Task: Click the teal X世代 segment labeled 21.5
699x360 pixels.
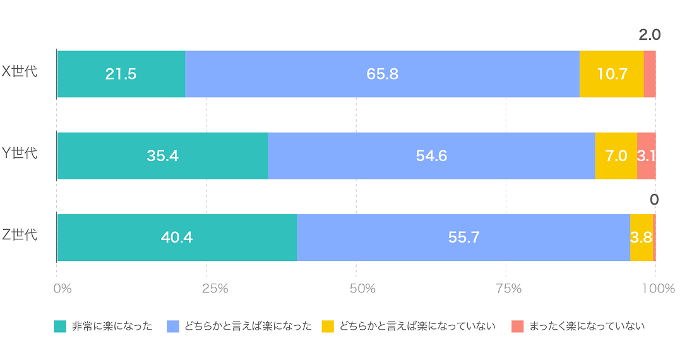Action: point(121,74)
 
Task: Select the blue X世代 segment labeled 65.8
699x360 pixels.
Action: point(382,74)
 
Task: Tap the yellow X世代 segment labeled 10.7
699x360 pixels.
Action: point(611,74)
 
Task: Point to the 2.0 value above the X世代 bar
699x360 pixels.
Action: point(649,35)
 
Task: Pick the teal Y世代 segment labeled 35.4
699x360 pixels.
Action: point(162,156)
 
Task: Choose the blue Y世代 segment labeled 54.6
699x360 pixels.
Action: point(431,156)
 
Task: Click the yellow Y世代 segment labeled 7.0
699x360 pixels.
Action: point(616,156)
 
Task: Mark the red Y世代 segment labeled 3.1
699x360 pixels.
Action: point(646,156)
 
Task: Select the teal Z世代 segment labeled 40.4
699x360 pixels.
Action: point(177,237)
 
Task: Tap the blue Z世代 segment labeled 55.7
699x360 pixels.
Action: point(463,237)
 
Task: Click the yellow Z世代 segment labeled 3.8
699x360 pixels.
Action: point(641,237)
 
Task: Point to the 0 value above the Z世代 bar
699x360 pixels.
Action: point(654,200)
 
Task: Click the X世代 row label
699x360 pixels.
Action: point(20,71)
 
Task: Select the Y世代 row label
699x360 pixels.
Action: point(20,153)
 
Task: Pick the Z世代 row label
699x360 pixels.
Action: point(20,235)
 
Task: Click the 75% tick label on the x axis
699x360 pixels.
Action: point(508,289)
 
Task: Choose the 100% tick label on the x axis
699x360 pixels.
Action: point(658,289)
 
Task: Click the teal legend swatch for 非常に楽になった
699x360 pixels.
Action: point(60,327)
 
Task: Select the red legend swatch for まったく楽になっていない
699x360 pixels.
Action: point(517,327)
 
